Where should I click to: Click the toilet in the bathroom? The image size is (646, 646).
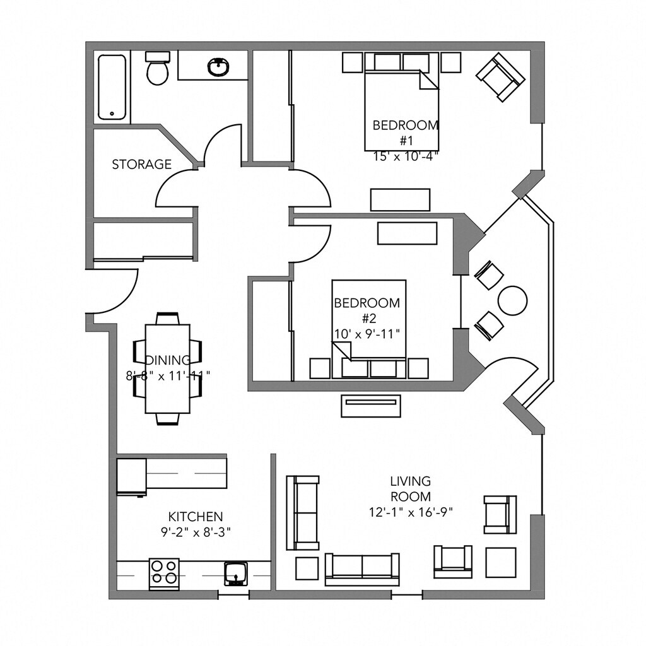[x=157, y=68]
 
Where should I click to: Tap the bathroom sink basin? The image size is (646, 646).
[x=219, y=67]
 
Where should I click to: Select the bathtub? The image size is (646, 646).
[x=112, y=87]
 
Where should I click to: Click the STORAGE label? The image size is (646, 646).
[x=142, y=165]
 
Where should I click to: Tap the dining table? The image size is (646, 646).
[x=168, y=369]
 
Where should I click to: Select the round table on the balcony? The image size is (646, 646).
[x=512, y=300]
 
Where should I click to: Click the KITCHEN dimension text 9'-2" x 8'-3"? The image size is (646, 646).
[x=196, y=532]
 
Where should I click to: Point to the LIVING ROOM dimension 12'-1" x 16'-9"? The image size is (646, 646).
[x=411, y=512]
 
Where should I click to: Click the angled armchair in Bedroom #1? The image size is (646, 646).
[x=500, y=77]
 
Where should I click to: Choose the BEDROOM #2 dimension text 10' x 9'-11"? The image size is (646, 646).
[x=367, y=334]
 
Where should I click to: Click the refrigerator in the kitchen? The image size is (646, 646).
[x=132, y=476]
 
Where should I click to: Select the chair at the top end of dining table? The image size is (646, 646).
[x=168, y=319]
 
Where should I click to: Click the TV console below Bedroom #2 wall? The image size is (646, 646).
[x=371, y=406]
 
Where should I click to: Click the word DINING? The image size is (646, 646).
[x=168, y=360]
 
